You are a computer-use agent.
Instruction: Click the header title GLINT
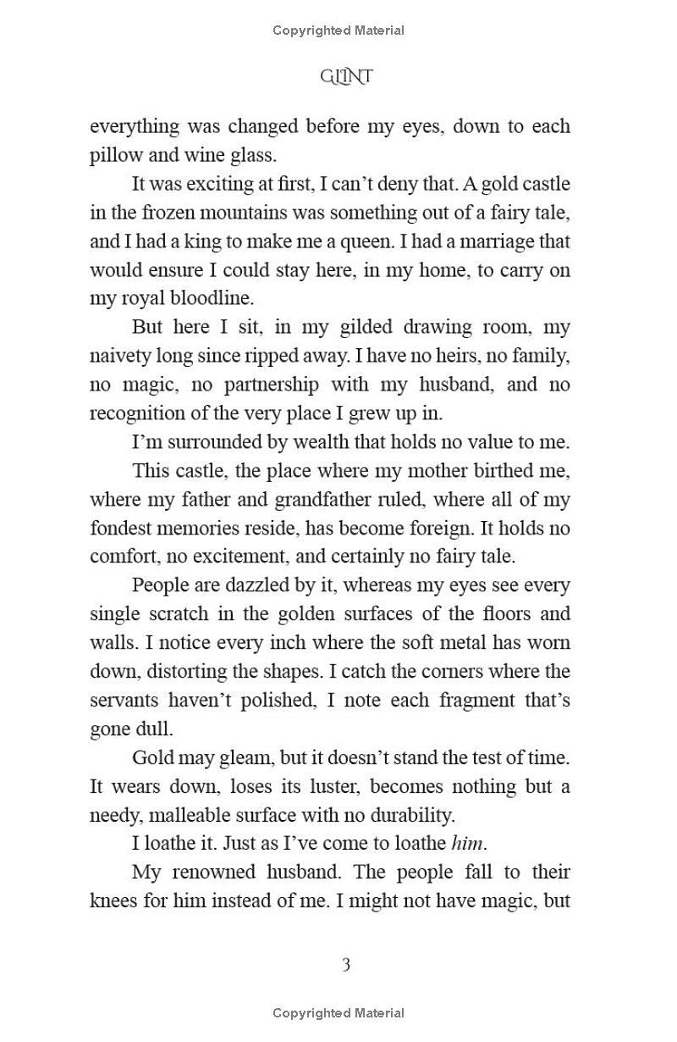346,77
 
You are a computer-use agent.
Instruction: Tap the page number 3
345,964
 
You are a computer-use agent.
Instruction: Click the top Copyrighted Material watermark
338,30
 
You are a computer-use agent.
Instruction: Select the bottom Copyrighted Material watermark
338,1013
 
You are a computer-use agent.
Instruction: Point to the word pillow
116,155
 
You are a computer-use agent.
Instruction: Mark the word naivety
120,356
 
